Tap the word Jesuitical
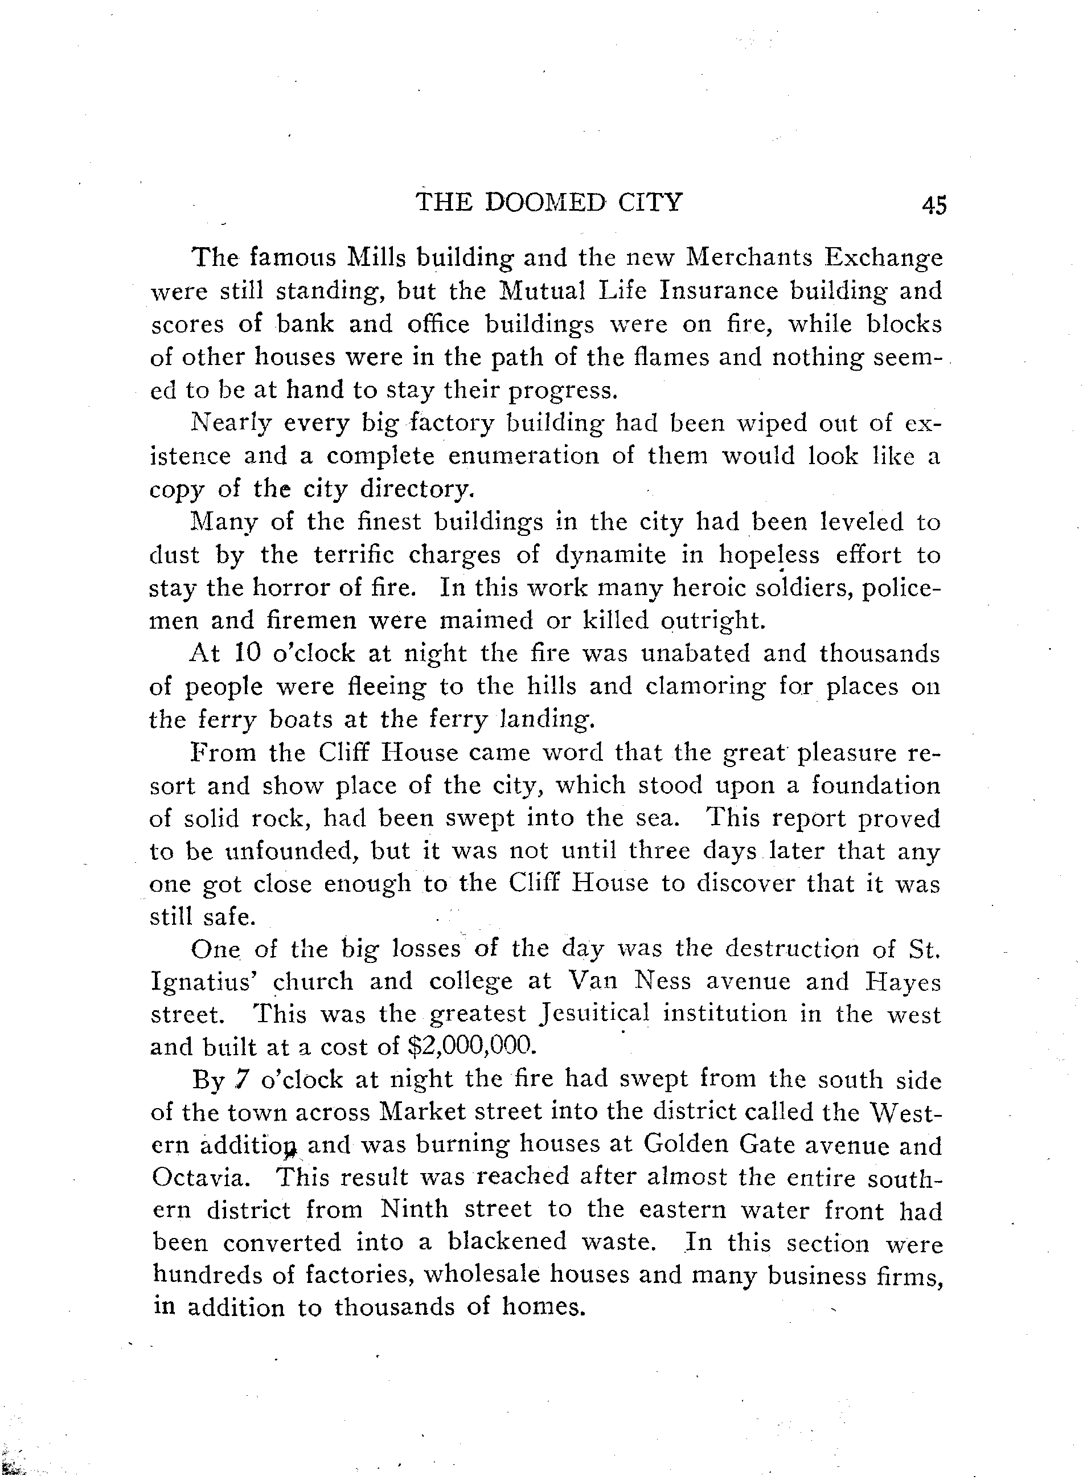tap(596, 1014)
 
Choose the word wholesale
tap(481, 1276)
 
